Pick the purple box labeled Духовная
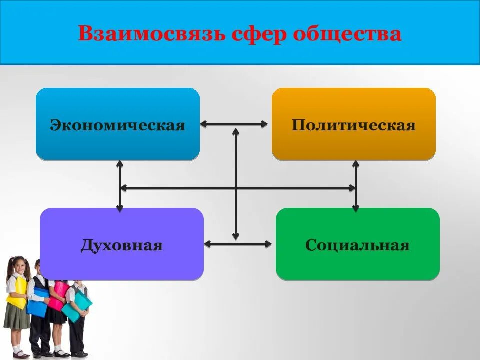click(x=122, y=244)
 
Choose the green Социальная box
click(x=358, y=244)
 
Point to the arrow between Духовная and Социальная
click(x=239, y=244)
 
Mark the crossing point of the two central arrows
click(x=236, y=188)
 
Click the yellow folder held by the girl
click(x=17, y=292)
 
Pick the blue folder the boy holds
click(x=38, y=303)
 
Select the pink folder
click(x=58, y=295)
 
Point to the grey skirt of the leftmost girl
click(x=16, y=318)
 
